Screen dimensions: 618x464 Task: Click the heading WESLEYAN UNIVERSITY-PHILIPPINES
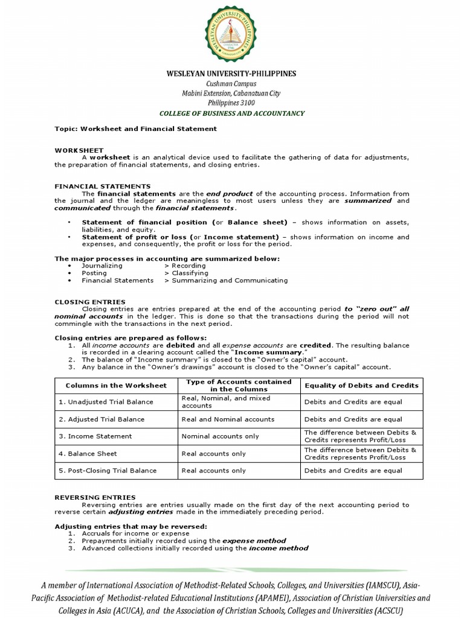[231, 74]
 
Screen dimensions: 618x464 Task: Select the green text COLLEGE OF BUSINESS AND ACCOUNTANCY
[231, 113]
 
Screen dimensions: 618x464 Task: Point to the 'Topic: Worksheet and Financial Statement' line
[135, 129]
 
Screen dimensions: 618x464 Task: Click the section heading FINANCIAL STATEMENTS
[103, 186]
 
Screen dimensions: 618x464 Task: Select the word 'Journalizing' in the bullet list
[102, 266]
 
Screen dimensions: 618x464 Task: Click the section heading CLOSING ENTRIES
[90, 302]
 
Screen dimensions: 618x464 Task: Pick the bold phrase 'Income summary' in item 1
[268, 352]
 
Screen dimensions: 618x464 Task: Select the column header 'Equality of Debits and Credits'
[361, 385]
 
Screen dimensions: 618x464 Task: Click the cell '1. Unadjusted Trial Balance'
[106, 402]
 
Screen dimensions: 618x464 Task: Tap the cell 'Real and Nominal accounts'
[228, 419]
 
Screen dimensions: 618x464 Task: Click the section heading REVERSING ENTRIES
[95, 497]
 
